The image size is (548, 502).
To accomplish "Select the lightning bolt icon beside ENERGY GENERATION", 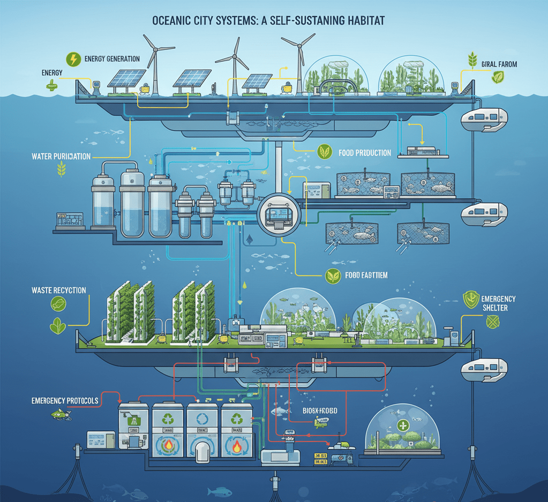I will (72, 59).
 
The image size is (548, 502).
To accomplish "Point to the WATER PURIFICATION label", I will (61, 156).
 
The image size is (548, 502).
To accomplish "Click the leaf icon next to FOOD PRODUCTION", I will (324, 152).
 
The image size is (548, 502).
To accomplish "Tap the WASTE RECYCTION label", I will (59, 290).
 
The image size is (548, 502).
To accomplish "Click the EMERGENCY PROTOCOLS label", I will (65, 400).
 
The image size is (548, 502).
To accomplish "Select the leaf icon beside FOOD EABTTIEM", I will (333, 276).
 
